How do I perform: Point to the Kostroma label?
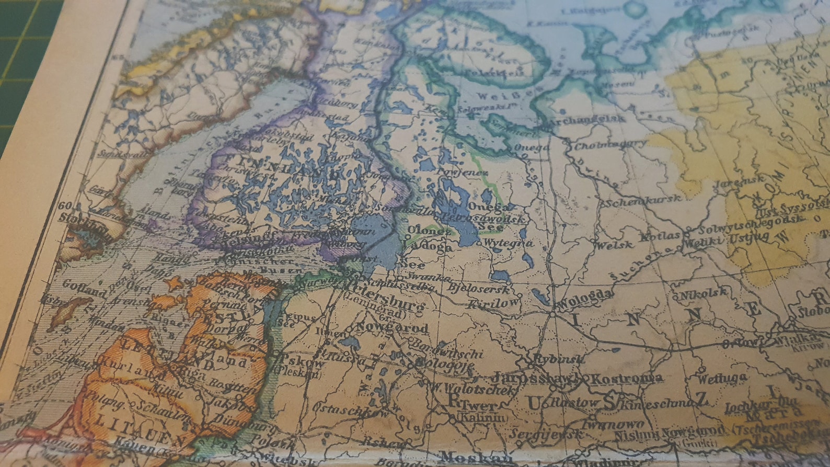(621, 378)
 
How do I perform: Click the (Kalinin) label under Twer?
(482, 417)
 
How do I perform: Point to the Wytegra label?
(508, 243)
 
